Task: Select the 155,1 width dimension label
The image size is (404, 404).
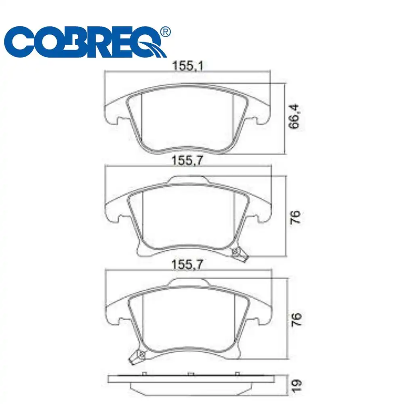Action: tap(187, 66)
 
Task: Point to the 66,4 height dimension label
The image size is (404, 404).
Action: tap(294, 116)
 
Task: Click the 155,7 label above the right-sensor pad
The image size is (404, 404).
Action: tap(187, 160)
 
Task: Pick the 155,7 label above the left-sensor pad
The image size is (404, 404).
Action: tap(187, 265)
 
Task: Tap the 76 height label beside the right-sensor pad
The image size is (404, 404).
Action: tap(295, 217)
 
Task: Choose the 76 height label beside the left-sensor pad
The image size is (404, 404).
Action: tap(296, 320)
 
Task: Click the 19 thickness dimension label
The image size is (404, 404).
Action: tap(296, 386)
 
